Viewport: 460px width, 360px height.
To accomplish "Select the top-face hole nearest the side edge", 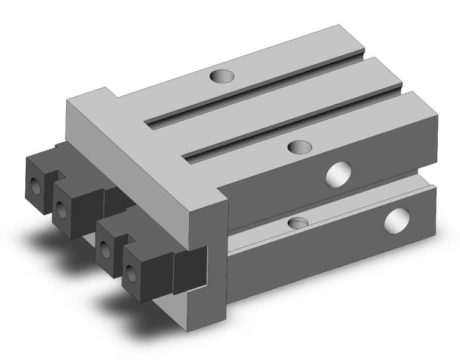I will (298, 146).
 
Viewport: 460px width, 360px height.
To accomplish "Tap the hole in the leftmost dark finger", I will (37, 186).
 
